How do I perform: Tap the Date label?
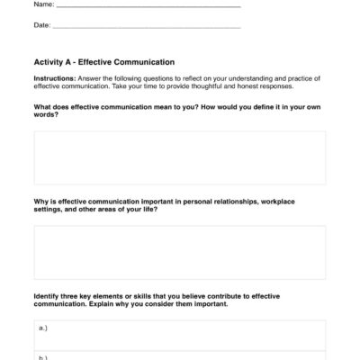coord(41,25)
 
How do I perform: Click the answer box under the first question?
coord(179,157)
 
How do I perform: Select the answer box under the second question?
coord(179,252)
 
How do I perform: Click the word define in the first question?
coord(249,110)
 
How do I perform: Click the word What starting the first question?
coord(44,110)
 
